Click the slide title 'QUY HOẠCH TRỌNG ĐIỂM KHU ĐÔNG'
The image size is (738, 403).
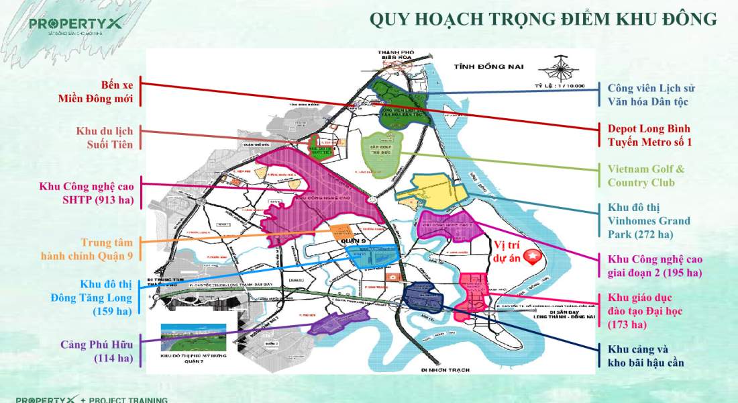pyautogui.click(x=543, y=19)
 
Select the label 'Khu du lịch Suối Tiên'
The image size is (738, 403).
pyautogui.click(x=103, y=137)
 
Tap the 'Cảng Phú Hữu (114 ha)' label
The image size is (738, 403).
pyautogui.click(x=103, y=351)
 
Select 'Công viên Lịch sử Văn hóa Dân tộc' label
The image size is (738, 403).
pyautogui.click(x=651, y=95)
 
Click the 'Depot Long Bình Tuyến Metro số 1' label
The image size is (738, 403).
pyautogui.click(x=649, y=135)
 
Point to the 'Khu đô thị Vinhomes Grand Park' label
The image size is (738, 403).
pyautogui.click(x=649, y=221)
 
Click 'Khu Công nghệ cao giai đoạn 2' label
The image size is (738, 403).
pyautogui.click(x=655, y=265)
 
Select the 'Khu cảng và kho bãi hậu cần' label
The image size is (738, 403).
pyautogui.click(x=646, y=356)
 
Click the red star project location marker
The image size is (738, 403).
pyautogui.click(x=533, y=257)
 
